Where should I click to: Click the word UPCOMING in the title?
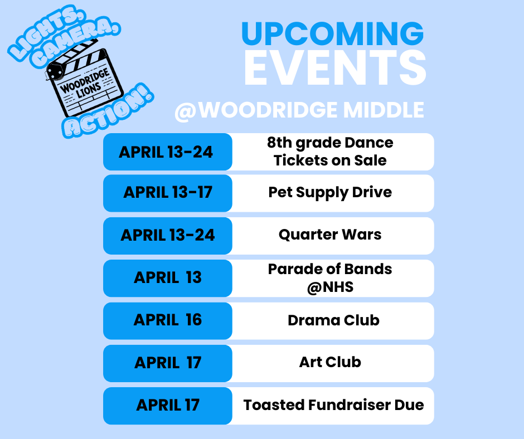pyautogui.click(x=332, y=35)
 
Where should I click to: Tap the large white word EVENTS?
pyautogui.click(x=335, y=69)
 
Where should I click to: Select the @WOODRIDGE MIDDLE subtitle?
pyautogui.click(x=299, y=110)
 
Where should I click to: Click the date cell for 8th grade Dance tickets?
pyautogui.click(x=167, y=152)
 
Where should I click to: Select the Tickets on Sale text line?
pyautogui.click(x=330, y=161)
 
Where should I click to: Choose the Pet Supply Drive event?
pyautogui.click(x=330, y=193)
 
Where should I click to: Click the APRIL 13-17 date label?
pyautogui.click(x=168, y=193)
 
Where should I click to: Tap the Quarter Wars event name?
pyautogui.click(x=330, y=235)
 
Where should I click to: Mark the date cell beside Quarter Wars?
pyautogui.click(x=168, y=235)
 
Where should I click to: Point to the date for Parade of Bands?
pyautogui.click(x=168, y=277)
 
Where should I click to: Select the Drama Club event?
pyautogui.click(x=333, y=320)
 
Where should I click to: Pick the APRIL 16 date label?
pyautogui.click(x=168, y=320)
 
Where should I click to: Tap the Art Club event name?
pyautogui.click(x=330, y=362)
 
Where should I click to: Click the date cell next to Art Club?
pyautogui.click(x=168, y=363)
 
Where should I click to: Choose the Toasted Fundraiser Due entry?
pyautogui.click(x=333, y=405)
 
